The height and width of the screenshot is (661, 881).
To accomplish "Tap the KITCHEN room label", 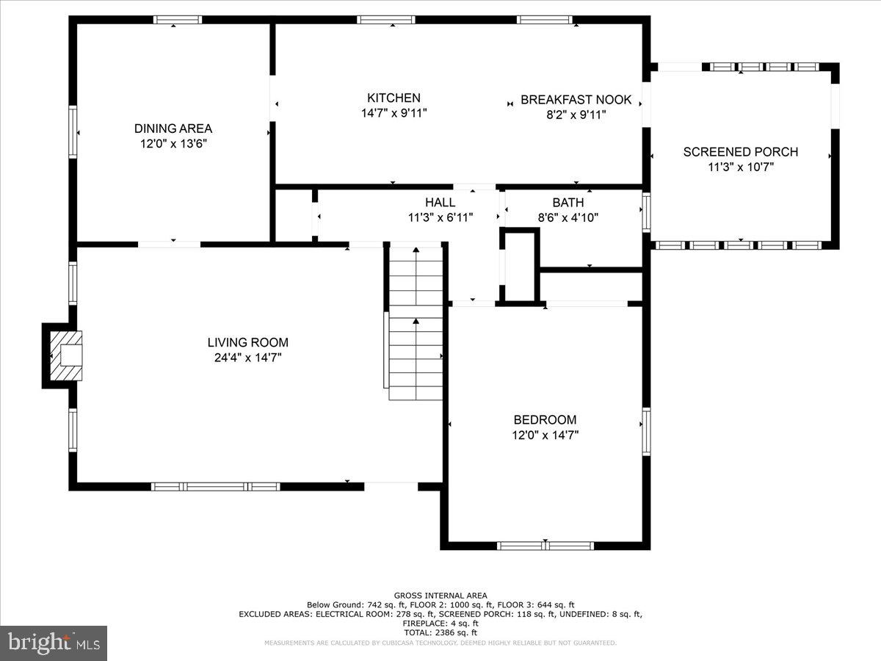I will (394, 98).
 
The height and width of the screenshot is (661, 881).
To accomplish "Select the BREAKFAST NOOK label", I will (576, 99).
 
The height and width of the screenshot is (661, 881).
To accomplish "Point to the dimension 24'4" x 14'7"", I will (247, 358).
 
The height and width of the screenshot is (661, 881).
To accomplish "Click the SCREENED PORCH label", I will (740, 152).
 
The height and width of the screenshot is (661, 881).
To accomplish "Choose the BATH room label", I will (568, 203).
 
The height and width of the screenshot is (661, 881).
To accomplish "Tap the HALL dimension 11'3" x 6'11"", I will (440, 217).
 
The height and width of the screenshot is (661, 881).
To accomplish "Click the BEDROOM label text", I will (545, 419).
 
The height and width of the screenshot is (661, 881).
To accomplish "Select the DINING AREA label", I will (173, 129).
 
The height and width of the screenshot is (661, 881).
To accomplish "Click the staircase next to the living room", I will (416, 323).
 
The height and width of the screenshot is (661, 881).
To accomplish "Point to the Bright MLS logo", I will (54, 643).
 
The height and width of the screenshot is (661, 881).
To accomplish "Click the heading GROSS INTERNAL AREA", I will (440, 596).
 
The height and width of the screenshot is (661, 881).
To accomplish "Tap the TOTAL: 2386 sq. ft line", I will (440, 632).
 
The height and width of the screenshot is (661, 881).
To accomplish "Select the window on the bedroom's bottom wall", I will (545, 546).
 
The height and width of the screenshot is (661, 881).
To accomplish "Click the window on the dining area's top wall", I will (177, 20).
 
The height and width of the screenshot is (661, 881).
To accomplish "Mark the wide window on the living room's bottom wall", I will (215, 486).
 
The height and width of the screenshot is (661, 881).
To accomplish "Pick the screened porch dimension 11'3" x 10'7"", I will (740, 167).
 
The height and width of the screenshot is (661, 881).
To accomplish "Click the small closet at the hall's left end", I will (294, 215).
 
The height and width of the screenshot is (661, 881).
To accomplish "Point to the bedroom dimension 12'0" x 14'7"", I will (545, 435).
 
